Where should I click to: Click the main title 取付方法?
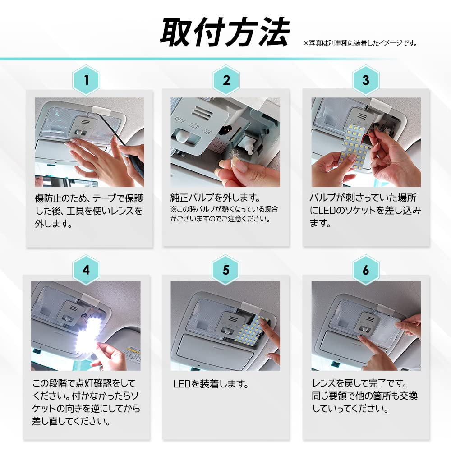tap(225, 32)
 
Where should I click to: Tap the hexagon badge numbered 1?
tap(86, 80)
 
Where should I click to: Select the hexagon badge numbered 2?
tap(226, 80)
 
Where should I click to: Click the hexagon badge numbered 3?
tap(365, 80)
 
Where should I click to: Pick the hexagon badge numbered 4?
tap(86, 270)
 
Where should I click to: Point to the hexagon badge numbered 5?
tap(226, 270)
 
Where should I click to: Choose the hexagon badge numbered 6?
tap(365, 270)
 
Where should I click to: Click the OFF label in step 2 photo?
tap(180, 120)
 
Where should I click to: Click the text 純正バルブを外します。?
tap(216, 198)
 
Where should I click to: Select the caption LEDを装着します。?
tap(211, 384)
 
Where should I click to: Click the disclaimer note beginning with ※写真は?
tap(360, 43)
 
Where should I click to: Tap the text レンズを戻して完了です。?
tap(359, 384)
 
